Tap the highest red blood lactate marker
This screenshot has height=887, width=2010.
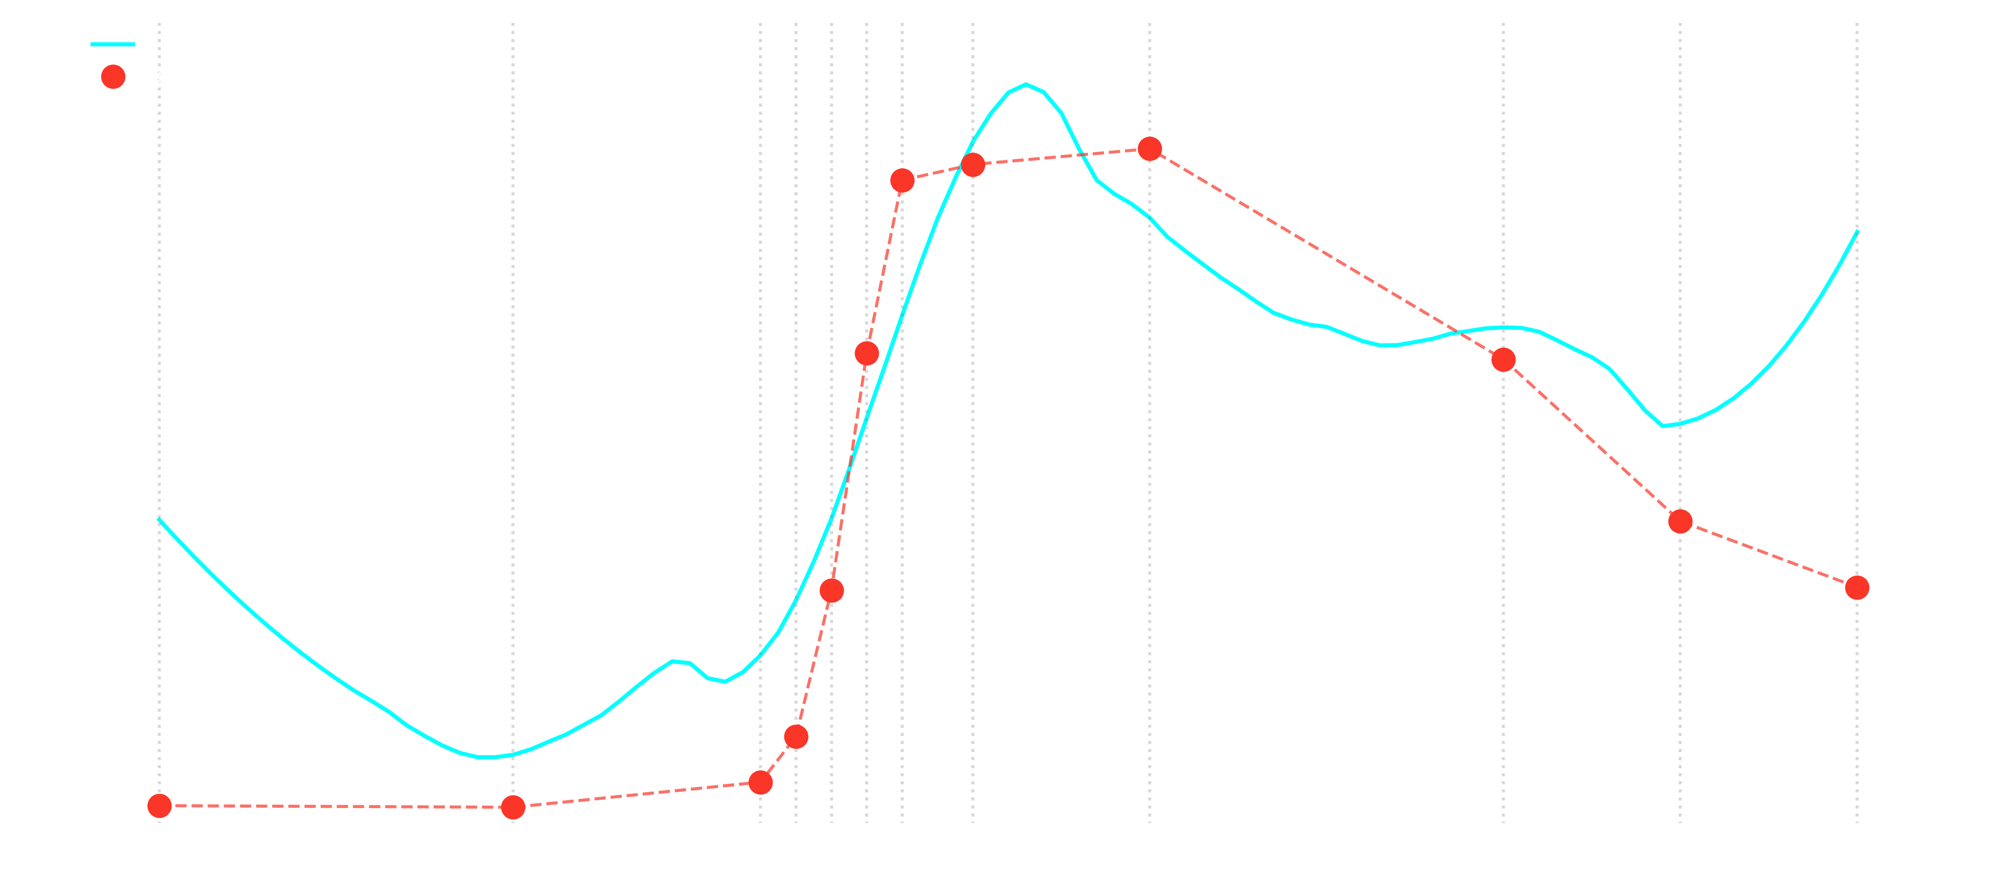1149,149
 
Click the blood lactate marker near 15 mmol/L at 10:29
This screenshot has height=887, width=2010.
866,354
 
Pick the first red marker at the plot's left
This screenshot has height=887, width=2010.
159,806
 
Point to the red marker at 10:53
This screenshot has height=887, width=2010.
1680,521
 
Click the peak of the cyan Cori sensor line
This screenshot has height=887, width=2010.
1025,84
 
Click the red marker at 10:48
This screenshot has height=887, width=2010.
1503,359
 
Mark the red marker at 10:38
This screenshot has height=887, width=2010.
1149,149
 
